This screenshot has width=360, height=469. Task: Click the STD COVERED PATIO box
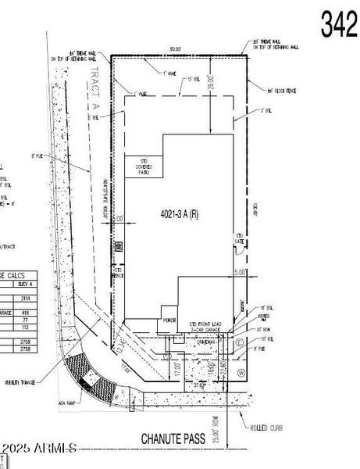[144, 166]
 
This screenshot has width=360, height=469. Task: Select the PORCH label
[168, 319]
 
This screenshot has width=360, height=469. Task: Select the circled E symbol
[239, 342]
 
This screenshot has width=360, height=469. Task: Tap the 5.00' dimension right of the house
[240, 272]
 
